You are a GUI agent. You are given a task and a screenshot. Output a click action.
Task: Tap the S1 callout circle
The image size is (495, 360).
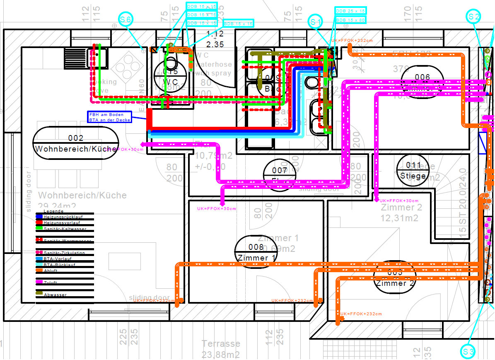coord(316,21)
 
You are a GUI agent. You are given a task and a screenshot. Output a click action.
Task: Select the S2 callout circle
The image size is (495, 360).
coord(474,17)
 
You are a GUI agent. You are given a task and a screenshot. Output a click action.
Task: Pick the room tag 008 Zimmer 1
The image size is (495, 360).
coord(256,252)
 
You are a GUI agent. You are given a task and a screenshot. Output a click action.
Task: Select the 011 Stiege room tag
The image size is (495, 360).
coord(413,170)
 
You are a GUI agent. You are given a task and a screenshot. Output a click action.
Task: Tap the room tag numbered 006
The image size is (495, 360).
coord(422,82)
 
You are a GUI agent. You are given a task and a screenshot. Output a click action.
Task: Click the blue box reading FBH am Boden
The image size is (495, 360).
coord(110,117)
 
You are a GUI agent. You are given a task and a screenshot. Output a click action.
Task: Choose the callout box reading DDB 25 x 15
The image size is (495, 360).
coord(350,11)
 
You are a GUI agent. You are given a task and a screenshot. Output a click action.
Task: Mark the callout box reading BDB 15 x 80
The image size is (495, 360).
coord(350,19)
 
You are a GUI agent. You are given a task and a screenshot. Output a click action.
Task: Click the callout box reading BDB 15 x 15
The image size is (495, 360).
coord(239,24)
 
